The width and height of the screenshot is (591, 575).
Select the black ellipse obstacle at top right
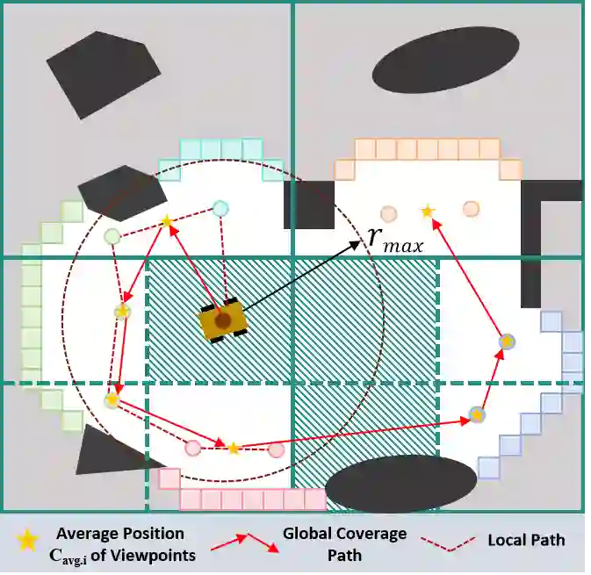pyautogui.click(x=444, y=59)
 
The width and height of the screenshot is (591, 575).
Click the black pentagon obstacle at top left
pyautogui.click(x=102, y=75)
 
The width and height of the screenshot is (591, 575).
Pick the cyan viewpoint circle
pyautogui.click(x=220, y=208)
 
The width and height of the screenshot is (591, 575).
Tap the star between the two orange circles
pyautogui.click(x=428, y=211)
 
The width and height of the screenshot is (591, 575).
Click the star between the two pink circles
pyautogui.click(x=234, y=449)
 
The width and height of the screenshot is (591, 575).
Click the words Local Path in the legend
pyautogui.click(x=526, y=540)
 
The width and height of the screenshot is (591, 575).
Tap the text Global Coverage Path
pyautogui.click(x=344, y=543)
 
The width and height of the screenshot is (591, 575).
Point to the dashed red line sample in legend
pyautogui.click(x=450, y=542)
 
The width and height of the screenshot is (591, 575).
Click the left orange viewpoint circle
pyautogui.click(x=388, y=212)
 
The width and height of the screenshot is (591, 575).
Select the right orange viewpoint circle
pyautogui.click(x=472, y=208)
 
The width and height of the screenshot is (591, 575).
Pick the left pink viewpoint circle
pyautogui.click(x=192, y=448)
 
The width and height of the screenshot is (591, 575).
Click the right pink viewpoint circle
pyautogui.click(x=276, y=449)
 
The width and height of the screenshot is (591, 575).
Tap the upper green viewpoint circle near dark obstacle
pyautogui.click(x=112, y=235)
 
